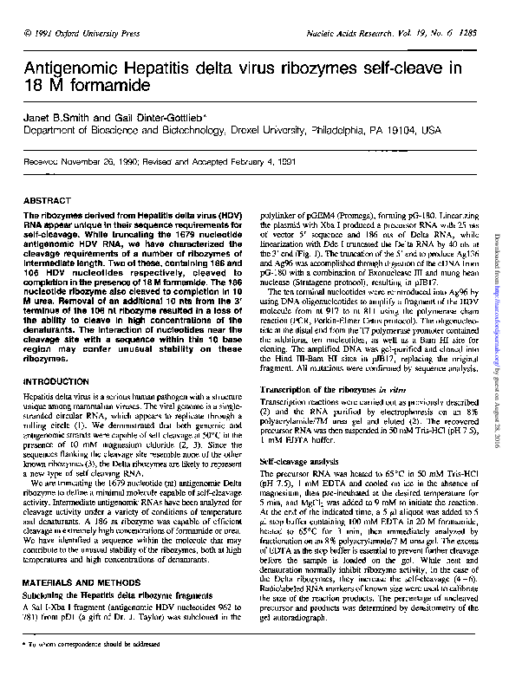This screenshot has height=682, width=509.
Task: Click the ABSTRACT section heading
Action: tap(48, 200)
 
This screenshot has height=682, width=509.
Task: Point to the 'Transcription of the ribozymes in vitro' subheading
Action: tap(332, 389)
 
